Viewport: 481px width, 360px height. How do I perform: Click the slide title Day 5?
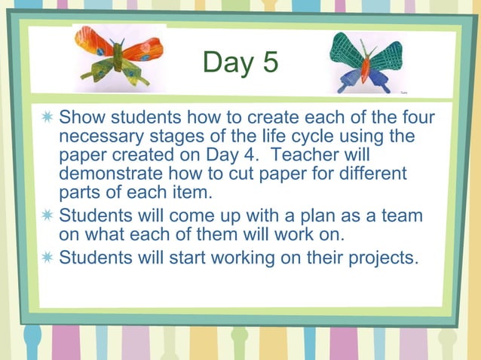240,63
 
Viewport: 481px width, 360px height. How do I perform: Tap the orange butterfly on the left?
119,55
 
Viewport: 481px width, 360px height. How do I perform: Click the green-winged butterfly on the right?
366,61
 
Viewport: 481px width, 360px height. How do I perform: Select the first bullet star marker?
47,118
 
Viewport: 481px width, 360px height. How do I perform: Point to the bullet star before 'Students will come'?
47,216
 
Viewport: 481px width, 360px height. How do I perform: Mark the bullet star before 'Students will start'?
47,256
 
